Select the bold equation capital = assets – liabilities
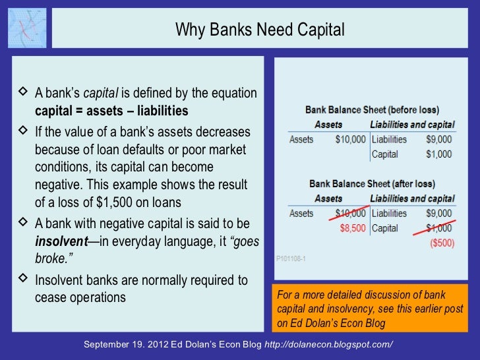[111, 109]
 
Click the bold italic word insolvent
[61, 241]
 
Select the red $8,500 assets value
[350, 228]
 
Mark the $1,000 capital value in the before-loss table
[438, 154]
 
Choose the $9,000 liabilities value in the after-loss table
[438, 213]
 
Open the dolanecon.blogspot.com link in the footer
[328, 345]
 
